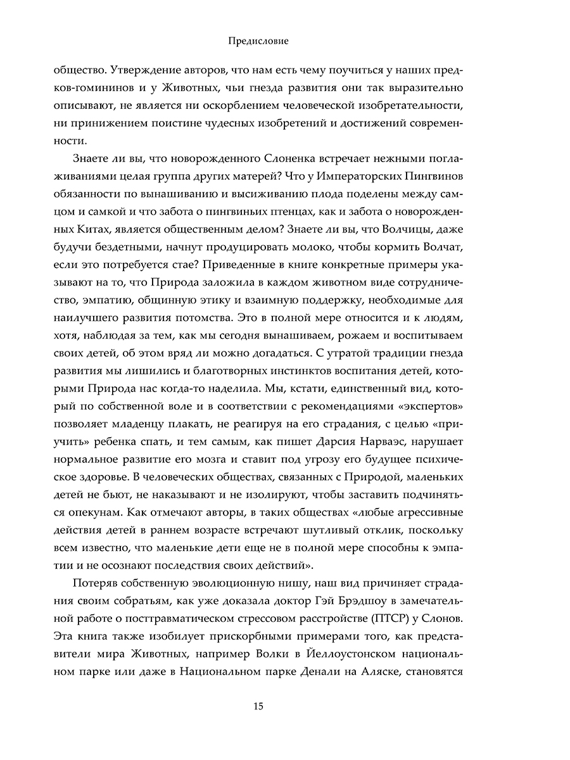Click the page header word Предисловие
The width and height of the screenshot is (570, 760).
[258, 41]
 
